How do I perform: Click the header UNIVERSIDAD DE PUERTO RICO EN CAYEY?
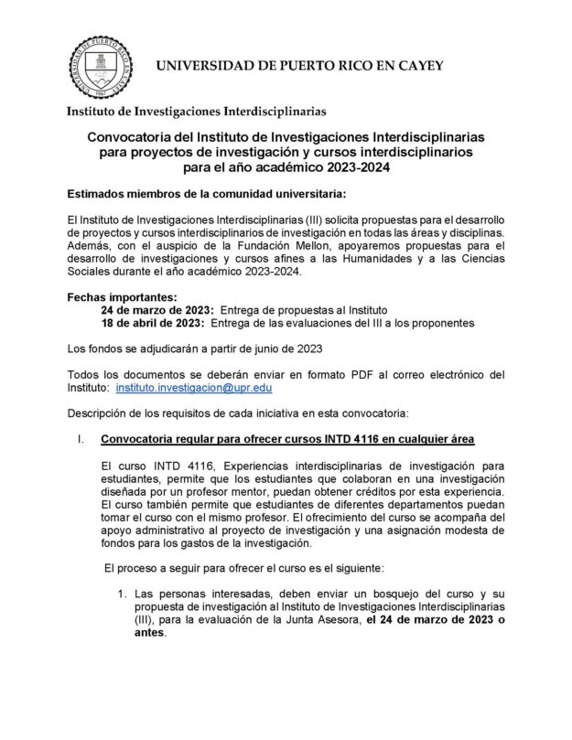pos(299,66)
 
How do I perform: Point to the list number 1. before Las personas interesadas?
pos(120,594)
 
